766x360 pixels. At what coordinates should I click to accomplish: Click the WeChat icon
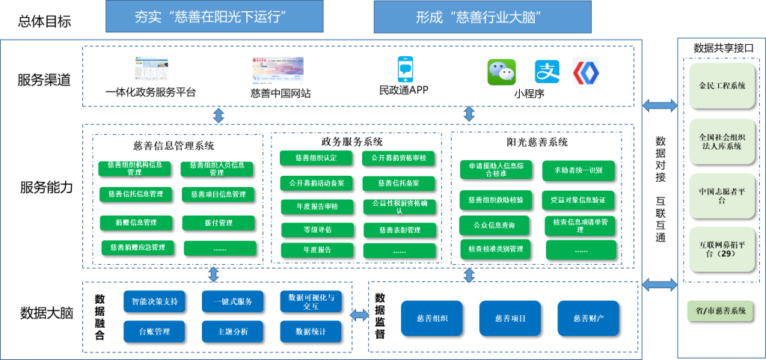[502, 72]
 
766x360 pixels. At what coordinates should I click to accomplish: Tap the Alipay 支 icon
[547, 72]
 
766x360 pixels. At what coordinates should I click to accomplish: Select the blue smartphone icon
[405, 70]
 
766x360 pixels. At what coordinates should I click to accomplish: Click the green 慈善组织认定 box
[316, 158]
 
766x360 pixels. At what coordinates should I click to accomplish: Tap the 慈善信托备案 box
[399, 183]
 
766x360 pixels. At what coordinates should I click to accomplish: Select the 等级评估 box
[316, 229]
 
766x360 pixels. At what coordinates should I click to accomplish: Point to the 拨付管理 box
[218, 222]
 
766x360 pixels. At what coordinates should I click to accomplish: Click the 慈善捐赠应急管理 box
[137, 247]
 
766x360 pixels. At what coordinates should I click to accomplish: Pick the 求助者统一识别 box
[578, 171]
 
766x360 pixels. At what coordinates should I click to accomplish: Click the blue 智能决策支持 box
[154, 302]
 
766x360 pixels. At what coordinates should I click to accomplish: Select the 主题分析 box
[232, 331]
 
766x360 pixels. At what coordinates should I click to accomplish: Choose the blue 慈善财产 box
[588, 318]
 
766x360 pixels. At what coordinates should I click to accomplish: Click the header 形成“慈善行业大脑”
[482, 16]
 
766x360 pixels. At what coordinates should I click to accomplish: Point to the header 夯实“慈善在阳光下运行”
[215, 16]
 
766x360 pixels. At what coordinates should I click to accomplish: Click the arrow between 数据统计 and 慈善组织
[360, 316]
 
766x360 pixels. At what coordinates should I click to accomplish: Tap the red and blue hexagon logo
[586, 71]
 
